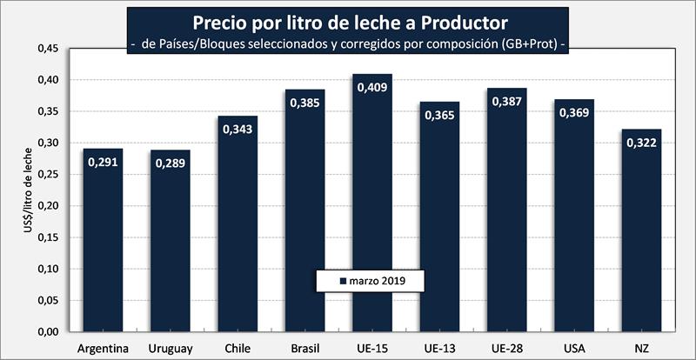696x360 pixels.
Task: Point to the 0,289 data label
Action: (171, 164)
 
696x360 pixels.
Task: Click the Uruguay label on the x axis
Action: (171, 349)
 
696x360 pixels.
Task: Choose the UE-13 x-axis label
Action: (439, 349)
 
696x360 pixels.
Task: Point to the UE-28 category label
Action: (506, 349)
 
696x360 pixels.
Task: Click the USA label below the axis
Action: (574, 349)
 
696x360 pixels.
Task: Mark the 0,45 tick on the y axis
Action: (47, 49)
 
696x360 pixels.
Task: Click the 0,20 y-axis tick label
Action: (47, 206)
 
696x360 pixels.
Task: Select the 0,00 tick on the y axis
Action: (47, 332)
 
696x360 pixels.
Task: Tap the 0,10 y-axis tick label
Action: (47, 269)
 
